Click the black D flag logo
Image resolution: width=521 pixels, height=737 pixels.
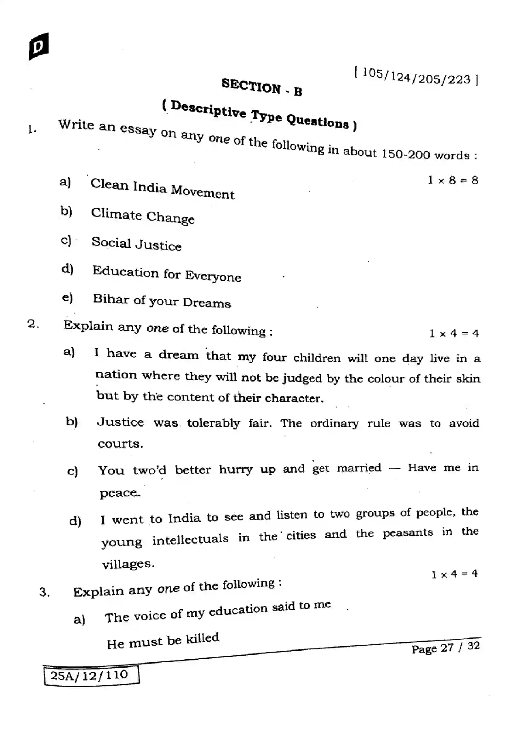pos(39,47)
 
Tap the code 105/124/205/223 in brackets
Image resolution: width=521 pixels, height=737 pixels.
pos(416,77)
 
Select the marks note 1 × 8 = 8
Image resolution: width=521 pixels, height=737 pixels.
pos(453,181)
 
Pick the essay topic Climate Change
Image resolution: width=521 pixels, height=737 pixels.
pos(143,216)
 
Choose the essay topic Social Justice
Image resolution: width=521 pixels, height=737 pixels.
pos(137,244)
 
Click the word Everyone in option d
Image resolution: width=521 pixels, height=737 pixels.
pos(213,276)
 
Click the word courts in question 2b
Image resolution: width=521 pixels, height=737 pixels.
pos(120,444)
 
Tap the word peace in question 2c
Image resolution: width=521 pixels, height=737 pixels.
pos(119,493)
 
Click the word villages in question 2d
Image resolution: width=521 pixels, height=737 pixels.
pos(128,564)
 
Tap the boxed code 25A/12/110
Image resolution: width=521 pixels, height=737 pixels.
pos(89,676)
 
